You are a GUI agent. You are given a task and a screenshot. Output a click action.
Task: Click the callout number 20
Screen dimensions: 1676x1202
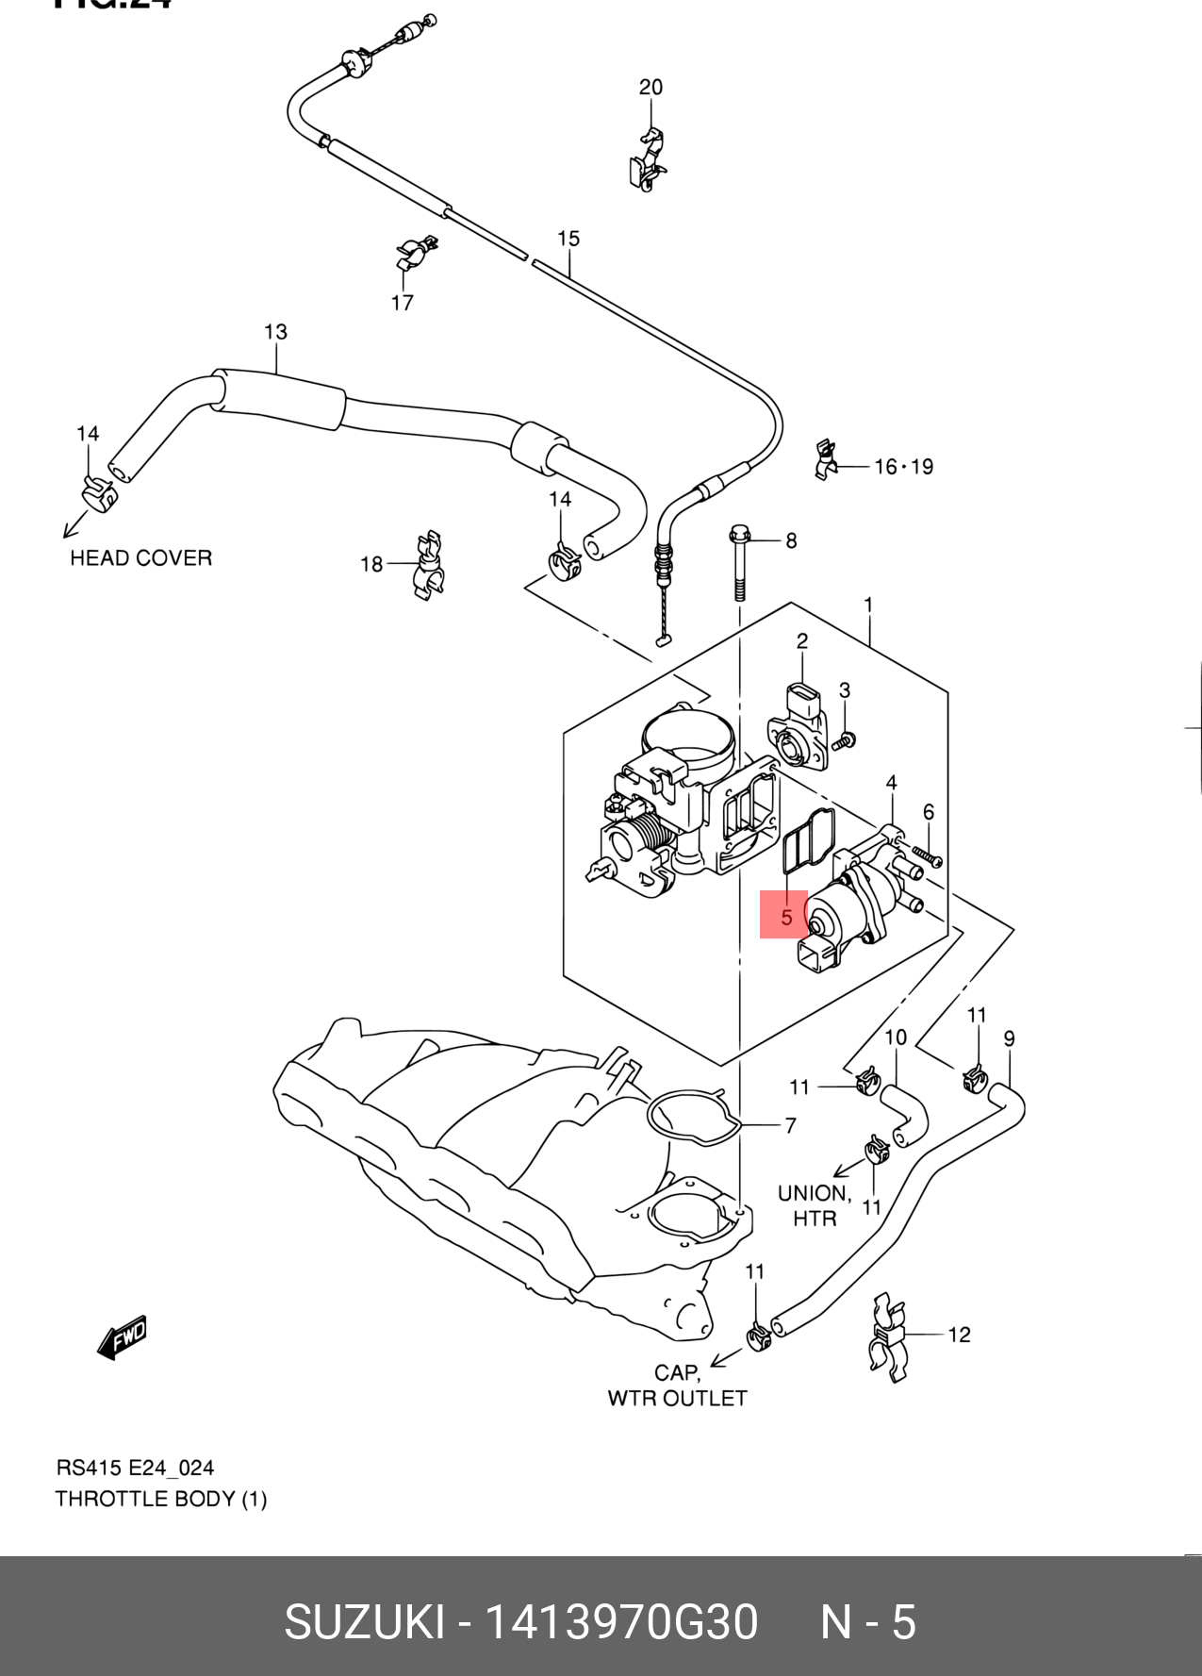650,88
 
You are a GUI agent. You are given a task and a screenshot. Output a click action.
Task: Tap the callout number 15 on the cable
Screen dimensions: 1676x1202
568,239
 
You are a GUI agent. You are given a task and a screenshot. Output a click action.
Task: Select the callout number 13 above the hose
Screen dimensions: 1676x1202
275,332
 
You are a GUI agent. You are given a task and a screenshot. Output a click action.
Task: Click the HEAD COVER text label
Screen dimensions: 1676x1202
141,558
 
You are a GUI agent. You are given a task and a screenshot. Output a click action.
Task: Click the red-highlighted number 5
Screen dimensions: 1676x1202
784,915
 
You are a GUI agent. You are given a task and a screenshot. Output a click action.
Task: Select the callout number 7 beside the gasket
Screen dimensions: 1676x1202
790,1125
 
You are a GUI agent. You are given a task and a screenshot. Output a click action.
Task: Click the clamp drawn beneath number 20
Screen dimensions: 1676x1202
647,160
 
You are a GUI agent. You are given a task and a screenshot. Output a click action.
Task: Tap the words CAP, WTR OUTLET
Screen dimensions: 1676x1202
677,1385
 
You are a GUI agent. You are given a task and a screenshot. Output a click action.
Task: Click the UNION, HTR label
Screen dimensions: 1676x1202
815,1206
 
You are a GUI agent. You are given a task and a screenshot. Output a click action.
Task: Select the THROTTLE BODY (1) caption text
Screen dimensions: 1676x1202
161,1499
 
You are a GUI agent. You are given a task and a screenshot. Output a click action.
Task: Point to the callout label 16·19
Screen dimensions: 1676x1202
903,467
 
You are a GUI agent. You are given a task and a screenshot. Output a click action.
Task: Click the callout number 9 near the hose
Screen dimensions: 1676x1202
1009,1039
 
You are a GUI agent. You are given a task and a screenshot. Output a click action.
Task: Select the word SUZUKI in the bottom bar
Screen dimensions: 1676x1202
364,1623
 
